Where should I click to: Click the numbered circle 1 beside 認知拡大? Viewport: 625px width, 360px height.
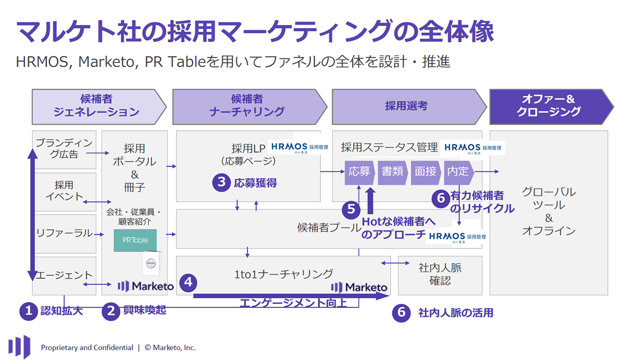point(28,311)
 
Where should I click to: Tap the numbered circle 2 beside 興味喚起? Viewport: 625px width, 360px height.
point(110,311)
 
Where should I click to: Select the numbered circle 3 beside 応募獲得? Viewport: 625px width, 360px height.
point(221,182)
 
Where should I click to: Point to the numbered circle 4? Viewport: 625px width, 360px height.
point(188,283)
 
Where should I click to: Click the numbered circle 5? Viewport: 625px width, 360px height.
point(352,209)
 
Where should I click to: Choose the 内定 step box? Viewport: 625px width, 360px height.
point(457,171)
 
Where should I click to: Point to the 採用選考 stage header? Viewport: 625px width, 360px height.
point(406,105)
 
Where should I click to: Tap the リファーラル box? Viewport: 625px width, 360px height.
point(65,233)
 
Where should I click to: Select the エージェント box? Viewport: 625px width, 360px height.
point(65,275)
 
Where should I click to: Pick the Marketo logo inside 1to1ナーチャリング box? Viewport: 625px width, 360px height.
point(359,287)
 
